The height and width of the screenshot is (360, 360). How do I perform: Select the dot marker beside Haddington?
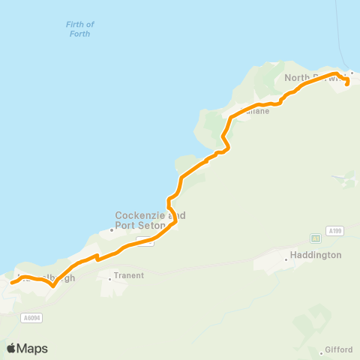pos(286,259)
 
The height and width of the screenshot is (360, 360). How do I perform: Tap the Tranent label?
pos(128,275)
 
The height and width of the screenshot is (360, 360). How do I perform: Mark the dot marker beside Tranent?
pos(110,279)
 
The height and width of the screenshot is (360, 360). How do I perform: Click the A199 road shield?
pos(335,231)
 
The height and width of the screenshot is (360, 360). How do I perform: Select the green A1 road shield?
pos(316,238)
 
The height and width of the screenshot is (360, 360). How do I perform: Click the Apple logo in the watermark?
pos(11,348)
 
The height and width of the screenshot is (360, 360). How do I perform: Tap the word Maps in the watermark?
pos(32,349)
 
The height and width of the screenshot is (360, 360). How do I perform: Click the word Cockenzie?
pos(139,214)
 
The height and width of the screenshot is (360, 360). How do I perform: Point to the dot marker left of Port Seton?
pos(112,229)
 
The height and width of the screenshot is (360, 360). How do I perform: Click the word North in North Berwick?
pos(298,77)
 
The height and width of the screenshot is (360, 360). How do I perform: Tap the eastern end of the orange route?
pos(346,85)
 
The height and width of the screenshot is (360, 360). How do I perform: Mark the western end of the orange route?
pos(11,283)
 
